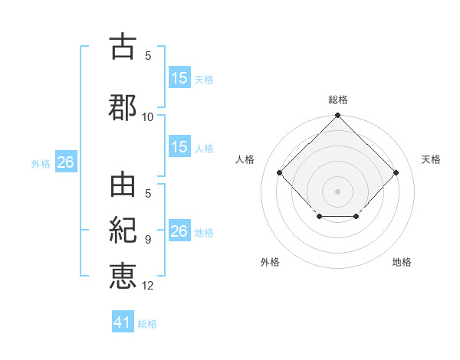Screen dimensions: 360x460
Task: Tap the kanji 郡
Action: pyautogui.click(x=123, y=107)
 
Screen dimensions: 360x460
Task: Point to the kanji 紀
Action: pyautogui.click(x=123, y=231)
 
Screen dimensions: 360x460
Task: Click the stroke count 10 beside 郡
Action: pyautogui.click(x=148, y=116)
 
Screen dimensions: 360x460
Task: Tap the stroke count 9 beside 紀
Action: pyautogui.click(x=148, y=240)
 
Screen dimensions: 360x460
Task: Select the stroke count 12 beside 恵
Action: pyautogui.click(x=148, y=286)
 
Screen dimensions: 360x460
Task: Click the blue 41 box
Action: pyautogui.click(x=123, y=322)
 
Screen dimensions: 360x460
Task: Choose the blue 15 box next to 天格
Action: pyautogui.click(x=179, y=77)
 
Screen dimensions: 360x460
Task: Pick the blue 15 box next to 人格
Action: pyautogui.click(x=179, y=147)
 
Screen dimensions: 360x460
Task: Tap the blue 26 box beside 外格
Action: pyautogui.click(x=65, y=162)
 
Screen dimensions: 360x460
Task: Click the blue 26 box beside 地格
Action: pyautogui.click(x=179, y=231)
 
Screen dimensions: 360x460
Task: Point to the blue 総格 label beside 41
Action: pyautogui.click(x=147, y=324)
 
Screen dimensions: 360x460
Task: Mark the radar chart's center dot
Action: pyautogui.click(x=337, y=191)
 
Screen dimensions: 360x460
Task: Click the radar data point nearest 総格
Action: pyautogui.click(x=337, y=116)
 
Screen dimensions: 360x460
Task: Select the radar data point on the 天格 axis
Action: pyautogui.click(x=396, y=173)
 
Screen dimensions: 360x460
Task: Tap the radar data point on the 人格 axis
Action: pyautogui.click(x=280, y=173)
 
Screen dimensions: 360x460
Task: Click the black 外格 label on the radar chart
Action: pyautogui.click(x=270, y=262)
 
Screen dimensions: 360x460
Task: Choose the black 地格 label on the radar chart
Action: pyautogui.click(x=402, y=262)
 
